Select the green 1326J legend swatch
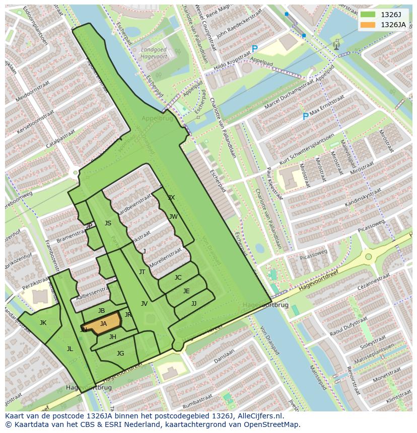coord(368,15)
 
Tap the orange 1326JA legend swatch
coord(368,25)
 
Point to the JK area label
coord(43,323)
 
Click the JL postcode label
coord(69,349)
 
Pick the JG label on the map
coord(120,354)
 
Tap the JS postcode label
coord(108,223)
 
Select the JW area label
coord(173,217)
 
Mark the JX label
coord(171,198)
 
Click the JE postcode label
coord(186,291)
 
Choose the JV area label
coord(144,304)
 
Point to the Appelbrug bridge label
coord(157,119)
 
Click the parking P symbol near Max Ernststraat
coord(305,117)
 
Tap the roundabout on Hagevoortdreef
coord(369,256)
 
